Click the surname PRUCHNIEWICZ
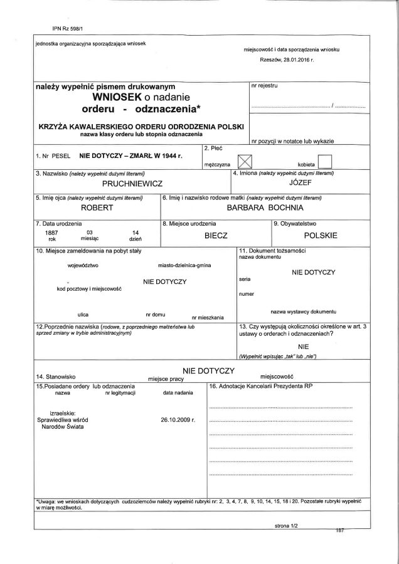(134, 185)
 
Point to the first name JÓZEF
(301, 185)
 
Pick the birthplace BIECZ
(216, 236)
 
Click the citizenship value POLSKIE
(321, 236)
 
